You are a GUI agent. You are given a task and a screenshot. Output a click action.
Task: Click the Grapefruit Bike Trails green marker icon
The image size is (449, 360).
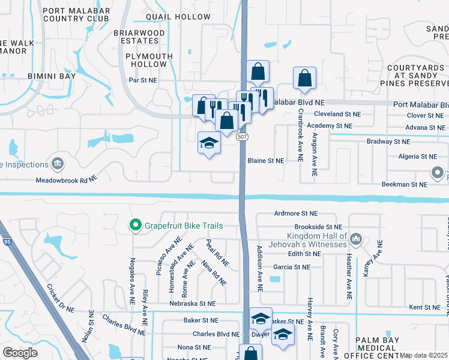(x=135, y=226)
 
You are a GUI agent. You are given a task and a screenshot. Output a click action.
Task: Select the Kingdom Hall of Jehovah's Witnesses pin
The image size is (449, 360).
(x=357, y=240)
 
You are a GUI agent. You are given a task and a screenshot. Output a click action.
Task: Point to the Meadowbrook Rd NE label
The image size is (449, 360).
(x=66, y=179)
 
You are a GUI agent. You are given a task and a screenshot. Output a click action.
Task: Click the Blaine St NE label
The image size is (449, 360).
(x=266, y=161)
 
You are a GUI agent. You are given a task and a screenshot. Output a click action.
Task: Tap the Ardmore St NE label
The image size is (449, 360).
(x=295, y=213)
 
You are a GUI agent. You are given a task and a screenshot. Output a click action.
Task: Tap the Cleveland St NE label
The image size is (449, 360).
(x=337, y=113)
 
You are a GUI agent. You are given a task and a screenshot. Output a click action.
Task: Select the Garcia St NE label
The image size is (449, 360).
(x=291, y=267)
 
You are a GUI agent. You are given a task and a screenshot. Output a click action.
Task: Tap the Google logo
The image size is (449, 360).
(x=20, y=353)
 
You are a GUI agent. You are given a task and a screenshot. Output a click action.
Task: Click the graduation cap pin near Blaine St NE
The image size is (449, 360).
(x=209, y=144)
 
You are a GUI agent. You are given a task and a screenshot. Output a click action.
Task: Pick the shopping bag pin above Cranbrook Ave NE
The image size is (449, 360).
(x=304, y=79)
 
